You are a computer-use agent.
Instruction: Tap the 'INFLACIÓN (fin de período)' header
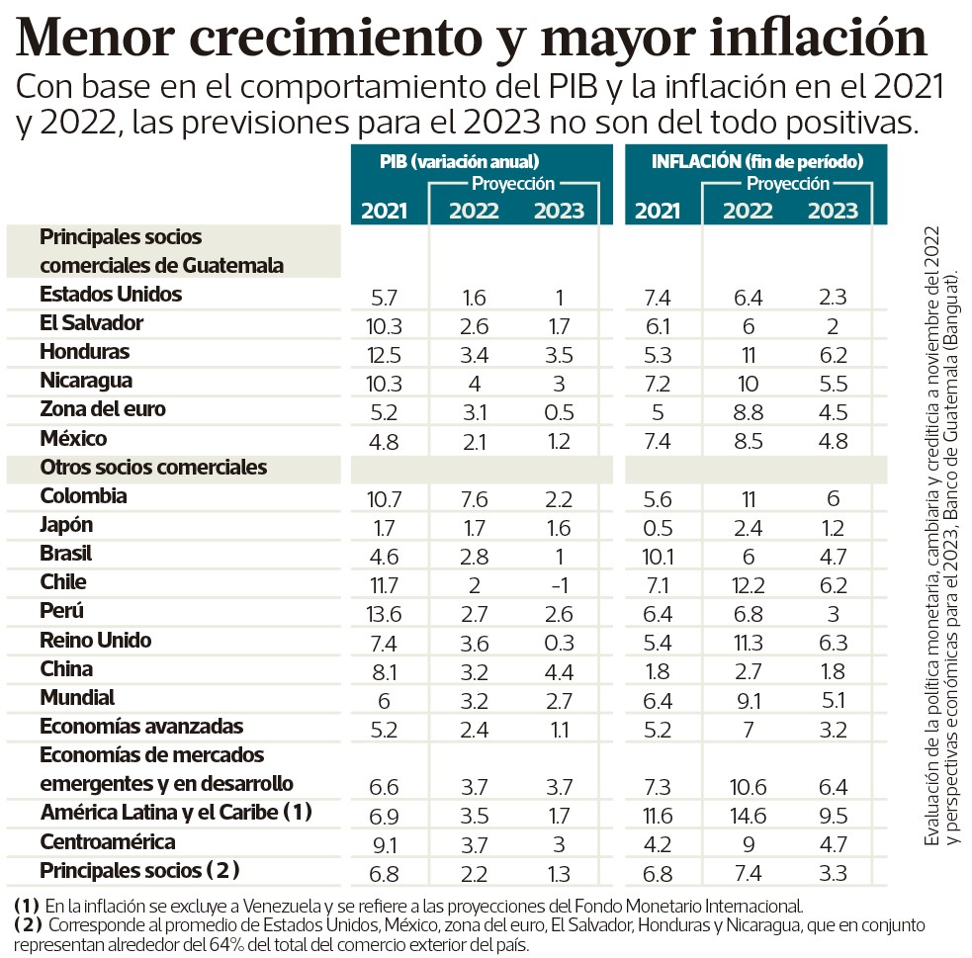point(757,160)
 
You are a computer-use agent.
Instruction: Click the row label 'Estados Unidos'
point(111,295)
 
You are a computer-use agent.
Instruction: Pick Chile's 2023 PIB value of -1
point(559,582)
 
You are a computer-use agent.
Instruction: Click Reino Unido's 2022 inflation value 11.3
point(748,640)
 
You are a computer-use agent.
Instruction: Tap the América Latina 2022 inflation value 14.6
point(748,813)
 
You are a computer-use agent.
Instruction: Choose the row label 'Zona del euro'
point(103,409)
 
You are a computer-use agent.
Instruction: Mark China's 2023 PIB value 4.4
point(559,669)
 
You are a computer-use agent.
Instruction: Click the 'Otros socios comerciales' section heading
point(153,467)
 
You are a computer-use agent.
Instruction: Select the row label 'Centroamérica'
point(108,842)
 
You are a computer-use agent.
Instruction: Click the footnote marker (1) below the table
point(27,906)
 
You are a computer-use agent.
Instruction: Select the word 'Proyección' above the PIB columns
point(513,183)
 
